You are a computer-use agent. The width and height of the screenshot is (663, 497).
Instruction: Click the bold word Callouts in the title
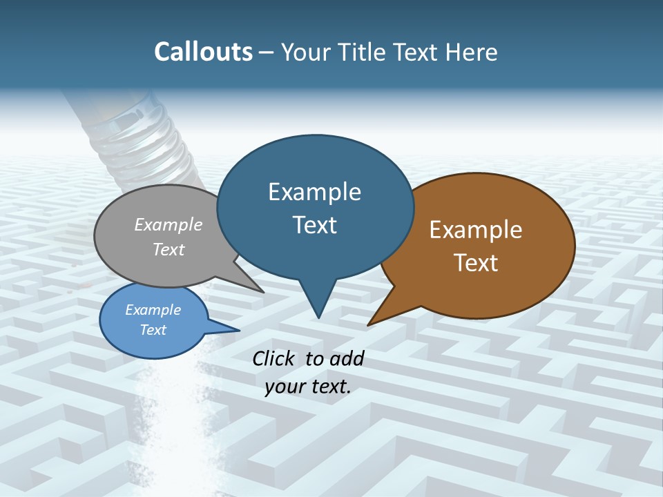[203, 52]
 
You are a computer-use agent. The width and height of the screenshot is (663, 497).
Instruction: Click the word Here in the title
[472, 52]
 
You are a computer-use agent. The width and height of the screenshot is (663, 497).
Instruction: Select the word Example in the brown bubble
[476, 230]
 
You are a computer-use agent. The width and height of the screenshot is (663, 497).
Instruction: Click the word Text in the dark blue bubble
[315, 225]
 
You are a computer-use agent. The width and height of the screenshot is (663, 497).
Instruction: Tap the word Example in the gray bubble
[169, 224]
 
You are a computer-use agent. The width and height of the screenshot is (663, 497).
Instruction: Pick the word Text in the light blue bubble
[153, 330]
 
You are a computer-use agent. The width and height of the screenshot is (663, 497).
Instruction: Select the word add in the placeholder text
[347, 358]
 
